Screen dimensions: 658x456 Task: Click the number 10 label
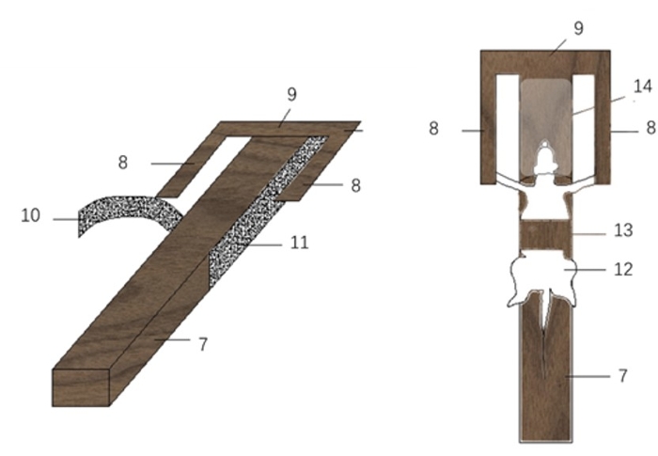click(x=31, y=215)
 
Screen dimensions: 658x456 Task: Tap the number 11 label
click(x=299, y=243)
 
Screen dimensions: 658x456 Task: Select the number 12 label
click(x=623, y=269)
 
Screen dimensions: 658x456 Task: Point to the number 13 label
click(x=623, y=230)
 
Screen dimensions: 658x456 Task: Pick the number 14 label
click(x=643, y=86)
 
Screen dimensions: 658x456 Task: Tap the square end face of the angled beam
click(x=81, y=387)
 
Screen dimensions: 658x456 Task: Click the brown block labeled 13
click(x=545, y=235)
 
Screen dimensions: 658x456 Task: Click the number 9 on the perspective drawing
click(x=292, y=94)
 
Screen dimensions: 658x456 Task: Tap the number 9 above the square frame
click(x=578, y=28)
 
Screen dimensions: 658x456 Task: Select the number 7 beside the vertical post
click(x=623, y=376)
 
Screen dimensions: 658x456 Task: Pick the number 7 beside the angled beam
click(x=203, y=344)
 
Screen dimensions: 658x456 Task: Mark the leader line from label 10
click(x=67, y=219)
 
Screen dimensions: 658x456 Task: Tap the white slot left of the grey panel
click(x=507, y=126)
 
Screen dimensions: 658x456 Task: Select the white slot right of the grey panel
click(x=584, y=126)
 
